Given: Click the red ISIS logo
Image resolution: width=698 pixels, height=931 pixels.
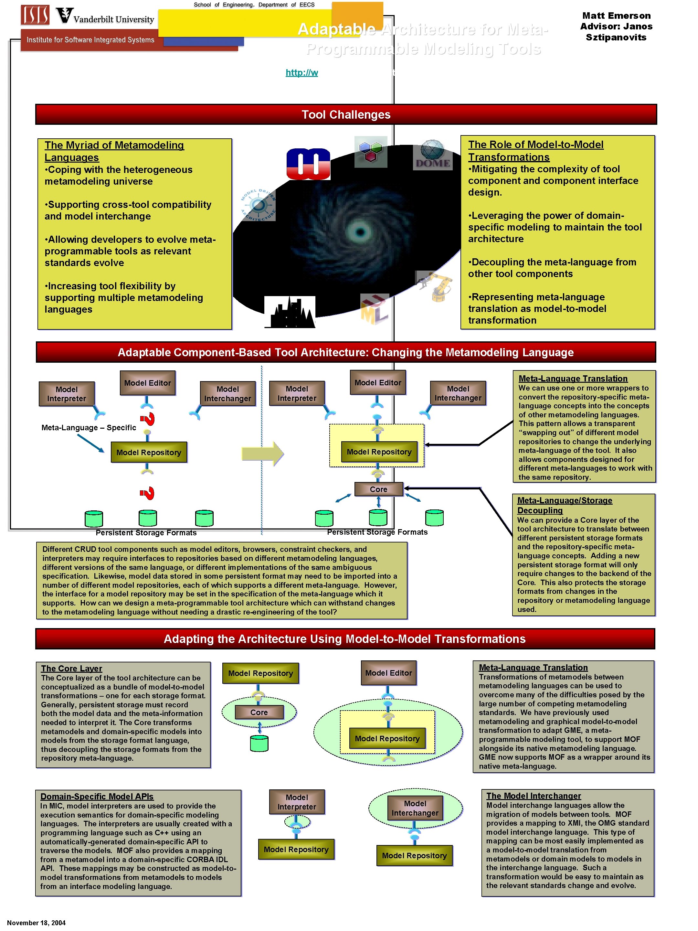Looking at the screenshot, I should point(35,15).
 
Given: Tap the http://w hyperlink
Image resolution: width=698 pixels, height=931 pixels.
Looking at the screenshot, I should point(302,72).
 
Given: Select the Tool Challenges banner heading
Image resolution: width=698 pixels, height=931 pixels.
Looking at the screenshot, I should point(346,114).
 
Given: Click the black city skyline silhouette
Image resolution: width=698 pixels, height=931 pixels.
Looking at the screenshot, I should point(290,312).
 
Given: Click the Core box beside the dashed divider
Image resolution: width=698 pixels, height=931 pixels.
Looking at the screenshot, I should point(378,489).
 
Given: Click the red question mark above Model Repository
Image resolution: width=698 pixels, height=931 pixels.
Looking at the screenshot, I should point(148,418).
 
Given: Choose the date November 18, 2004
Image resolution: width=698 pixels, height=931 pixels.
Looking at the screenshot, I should point(36,923).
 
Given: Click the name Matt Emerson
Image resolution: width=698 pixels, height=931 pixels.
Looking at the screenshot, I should point(616,16).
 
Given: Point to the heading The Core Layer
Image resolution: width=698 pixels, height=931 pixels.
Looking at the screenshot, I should point(71,669).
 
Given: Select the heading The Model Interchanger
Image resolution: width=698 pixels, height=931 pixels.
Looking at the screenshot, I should point(534,796).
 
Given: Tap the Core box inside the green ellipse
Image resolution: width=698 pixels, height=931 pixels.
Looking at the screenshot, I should point(259,712).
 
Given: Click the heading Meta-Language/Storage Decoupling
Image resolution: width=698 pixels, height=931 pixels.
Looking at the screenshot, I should point(564,505).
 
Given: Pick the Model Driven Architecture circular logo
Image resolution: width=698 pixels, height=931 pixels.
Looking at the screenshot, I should point(258,205).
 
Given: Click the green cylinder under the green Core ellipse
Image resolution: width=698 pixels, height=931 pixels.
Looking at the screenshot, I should point(259,743).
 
